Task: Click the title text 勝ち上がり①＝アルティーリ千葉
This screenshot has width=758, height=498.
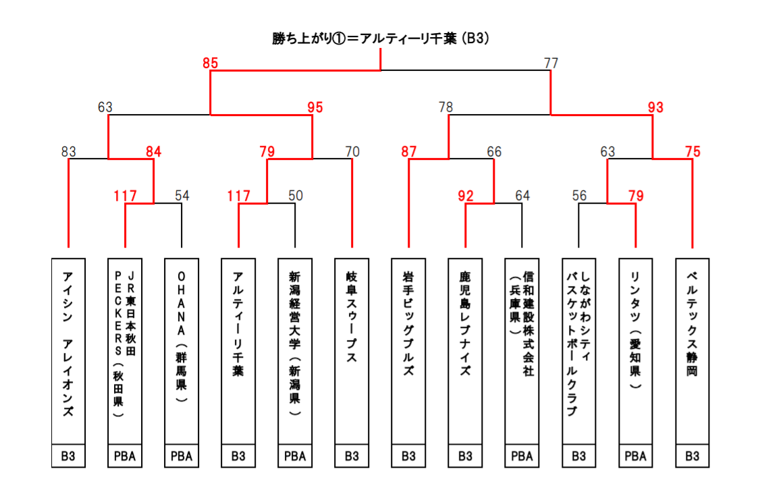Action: pos(364,38)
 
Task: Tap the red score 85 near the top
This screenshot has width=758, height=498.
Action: pos(211,63)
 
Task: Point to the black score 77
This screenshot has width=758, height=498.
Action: pos(551,63)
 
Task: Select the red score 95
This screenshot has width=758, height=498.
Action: pos(315,107)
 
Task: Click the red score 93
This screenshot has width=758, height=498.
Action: pos(655,107)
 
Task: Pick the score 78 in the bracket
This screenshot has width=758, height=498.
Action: pos(445,107)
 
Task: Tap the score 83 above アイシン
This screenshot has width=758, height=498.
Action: pos(69,152)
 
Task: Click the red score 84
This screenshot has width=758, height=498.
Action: pos(154,152)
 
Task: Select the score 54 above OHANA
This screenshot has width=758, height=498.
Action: pos(182,196)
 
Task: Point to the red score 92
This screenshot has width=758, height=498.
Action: pos(466,196)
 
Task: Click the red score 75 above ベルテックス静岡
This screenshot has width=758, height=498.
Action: pos(693,152)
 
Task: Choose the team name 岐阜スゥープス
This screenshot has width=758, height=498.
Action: pos(352,317)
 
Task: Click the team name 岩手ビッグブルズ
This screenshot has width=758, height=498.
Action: pos(408,323)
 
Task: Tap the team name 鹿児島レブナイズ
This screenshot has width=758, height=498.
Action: pos(465,323)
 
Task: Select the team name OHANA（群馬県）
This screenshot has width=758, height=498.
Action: pos(182,337)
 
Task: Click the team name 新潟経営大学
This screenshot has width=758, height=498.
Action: pos(295,310)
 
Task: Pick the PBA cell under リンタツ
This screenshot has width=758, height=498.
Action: pos(635,456)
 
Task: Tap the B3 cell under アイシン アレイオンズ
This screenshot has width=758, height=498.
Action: pos(68,456)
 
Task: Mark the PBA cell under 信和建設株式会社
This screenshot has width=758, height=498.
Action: pos(522,456)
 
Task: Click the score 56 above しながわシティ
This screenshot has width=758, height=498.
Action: pos(579,196)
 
